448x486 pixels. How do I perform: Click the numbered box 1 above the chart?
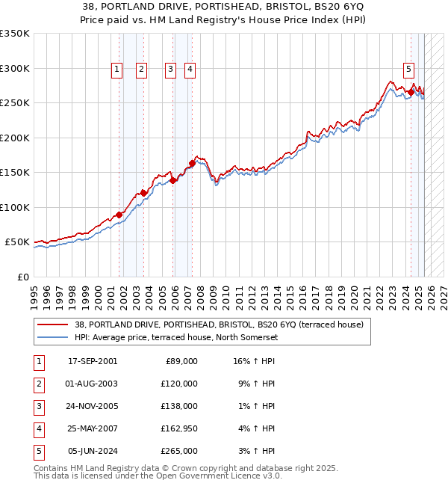click(117, 70)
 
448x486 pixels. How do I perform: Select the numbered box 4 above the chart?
click(190, 70)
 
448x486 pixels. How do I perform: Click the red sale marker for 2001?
click(119, 215)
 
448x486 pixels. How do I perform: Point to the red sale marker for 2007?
click(192, 164)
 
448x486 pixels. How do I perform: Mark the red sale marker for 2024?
click(411, 93)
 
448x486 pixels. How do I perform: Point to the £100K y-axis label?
click(15, 207)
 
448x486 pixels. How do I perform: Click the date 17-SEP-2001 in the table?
click(92, 361)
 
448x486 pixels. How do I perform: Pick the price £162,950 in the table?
click(179, 428)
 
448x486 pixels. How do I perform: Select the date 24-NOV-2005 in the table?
click(92, 406)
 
